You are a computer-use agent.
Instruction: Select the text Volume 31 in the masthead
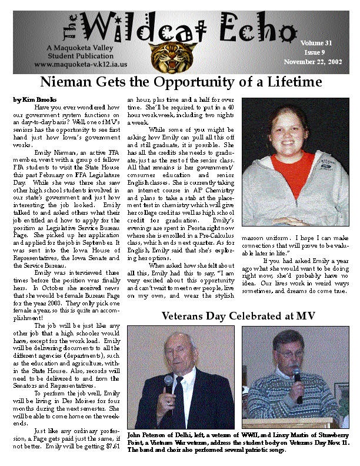point(316,43)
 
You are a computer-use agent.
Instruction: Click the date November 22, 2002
point(313,61)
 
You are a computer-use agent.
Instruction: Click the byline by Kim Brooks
point(32,100)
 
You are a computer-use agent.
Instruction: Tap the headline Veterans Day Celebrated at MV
point(238,317)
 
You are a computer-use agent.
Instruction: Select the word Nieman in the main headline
point(69,81)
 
